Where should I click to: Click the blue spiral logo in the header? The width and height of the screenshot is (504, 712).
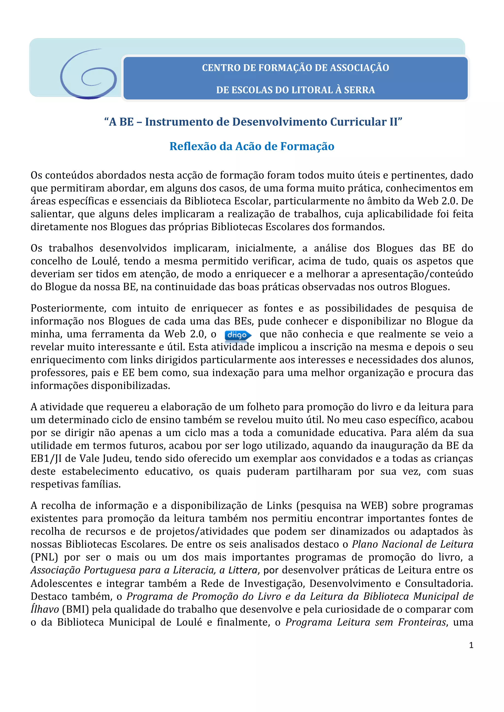click(x=88, y=74)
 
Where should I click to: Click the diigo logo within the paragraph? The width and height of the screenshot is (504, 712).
click(x=238, y=335)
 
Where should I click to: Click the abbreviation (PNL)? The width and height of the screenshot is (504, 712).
click(x=44, y=557)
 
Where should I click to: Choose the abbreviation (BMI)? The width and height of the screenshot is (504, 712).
click(x=75, y=609)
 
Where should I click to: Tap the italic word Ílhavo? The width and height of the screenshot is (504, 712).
click(x=45, y=609)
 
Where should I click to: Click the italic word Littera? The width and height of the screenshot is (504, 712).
click(x=243, y=570)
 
